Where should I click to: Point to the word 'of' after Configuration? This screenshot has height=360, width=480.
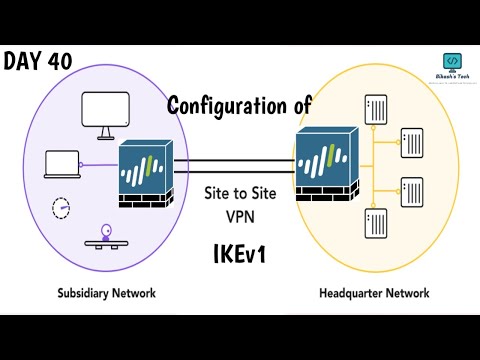coord(299,105)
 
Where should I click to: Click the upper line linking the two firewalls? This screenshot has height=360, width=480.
coord(236,161)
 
